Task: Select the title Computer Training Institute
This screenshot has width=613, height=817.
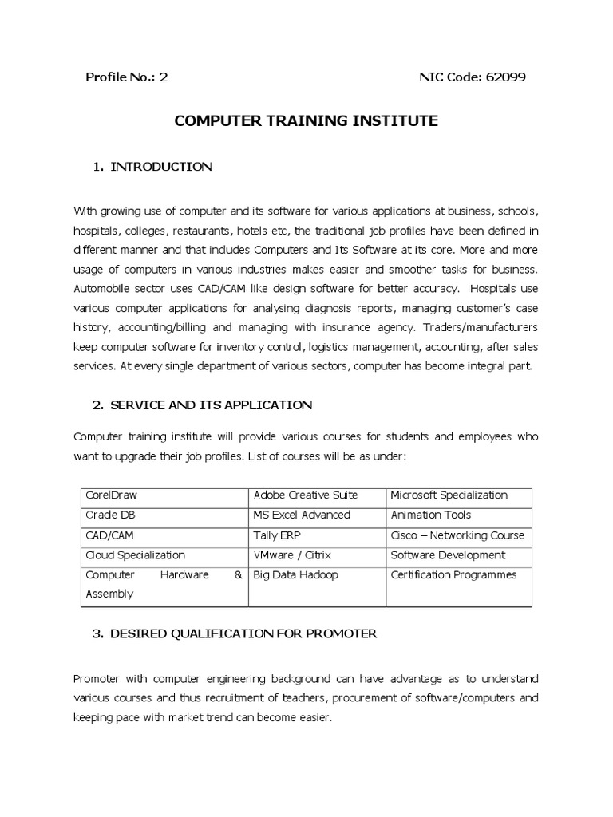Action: pyautogui.click(x=306, y=121)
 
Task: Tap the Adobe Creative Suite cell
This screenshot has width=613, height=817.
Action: pyautogui.click(x=306, y=495)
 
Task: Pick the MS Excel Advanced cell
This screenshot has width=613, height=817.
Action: pyautogui.click(x=302, y=515)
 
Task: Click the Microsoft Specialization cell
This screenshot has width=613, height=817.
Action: pyautogui.click(x=449, y=495)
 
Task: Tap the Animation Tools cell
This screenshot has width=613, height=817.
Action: pyautogui.click(x=431, y=515)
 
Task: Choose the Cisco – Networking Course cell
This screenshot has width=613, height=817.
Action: pyautogui.click(x=457, y=535)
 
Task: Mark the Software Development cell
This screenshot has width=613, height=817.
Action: pyautogui.click(x=448, y=555)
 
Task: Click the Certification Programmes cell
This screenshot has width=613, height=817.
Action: pyautogui.click(x=454, y=575)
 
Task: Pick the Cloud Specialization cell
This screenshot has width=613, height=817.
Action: pyautogui.click(x=135, y=555)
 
